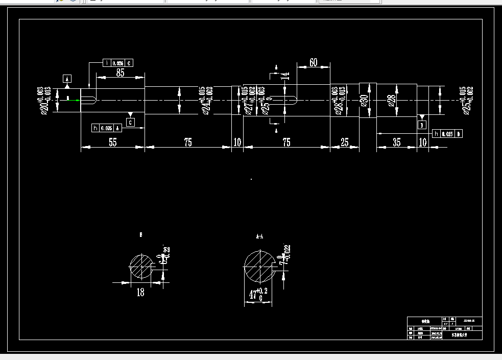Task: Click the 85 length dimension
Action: click(120, 73)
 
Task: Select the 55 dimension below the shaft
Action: click(112, 142)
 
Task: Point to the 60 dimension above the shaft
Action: click(313, 62)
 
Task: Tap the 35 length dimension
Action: click(397, 142)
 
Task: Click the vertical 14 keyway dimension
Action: click(286, 76)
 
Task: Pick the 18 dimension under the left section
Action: click(140, 293)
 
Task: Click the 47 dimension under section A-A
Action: click(254, 295)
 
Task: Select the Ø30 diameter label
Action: click(364, 100)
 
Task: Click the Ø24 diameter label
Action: click(207, 101)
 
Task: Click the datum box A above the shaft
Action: click(67, 78)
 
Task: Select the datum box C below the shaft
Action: click(131, 123)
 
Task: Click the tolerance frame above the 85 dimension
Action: click(118, 63)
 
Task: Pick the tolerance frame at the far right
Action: click(447, 134)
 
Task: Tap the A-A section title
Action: click(259, 236)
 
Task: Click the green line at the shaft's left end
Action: click(74, 100)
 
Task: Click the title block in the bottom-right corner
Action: click(444, 328)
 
